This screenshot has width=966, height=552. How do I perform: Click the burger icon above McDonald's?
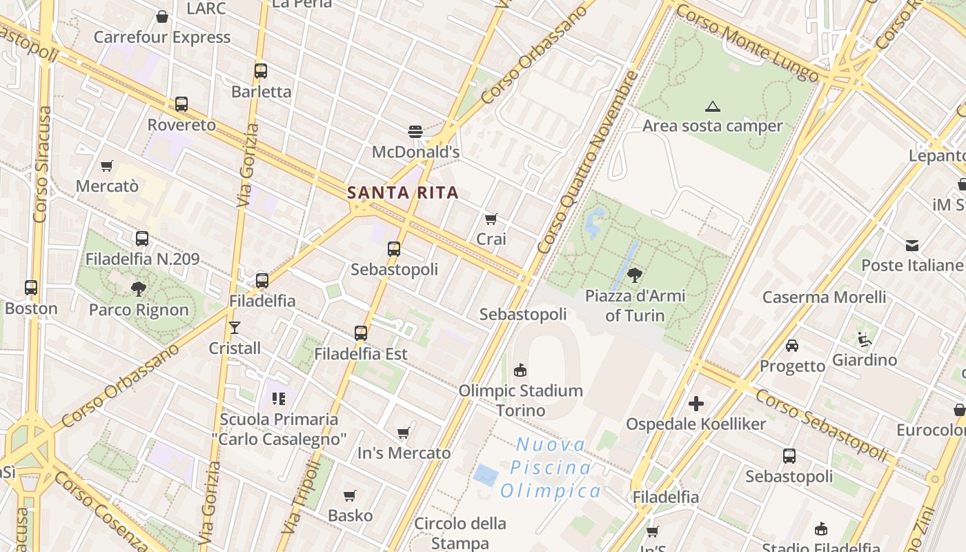(415, 131)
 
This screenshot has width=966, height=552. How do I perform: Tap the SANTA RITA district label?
(403, 193)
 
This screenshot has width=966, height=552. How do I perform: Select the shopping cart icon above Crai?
(491, 219)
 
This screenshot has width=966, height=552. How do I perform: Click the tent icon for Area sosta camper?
(713, 106)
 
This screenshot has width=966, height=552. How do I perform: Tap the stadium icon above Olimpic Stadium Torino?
(521, 371)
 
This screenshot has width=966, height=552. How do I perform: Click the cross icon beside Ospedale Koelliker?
(696, 404)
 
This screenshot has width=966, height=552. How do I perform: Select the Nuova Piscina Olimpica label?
(551, 468)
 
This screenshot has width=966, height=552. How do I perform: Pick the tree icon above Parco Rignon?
(139, 289)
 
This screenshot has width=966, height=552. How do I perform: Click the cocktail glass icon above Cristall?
(235, 328)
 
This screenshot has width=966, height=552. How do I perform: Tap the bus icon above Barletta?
(261, 71)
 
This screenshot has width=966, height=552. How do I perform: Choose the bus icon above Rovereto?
(181, 104)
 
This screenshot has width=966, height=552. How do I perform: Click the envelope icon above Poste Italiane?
(912, 245)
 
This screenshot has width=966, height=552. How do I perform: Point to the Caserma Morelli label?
(824, 297)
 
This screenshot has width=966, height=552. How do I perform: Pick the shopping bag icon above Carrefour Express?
(162, 17)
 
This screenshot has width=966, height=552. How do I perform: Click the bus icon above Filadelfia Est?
(361, 333)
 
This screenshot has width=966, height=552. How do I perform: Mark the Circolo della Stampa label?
(460, 533)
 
